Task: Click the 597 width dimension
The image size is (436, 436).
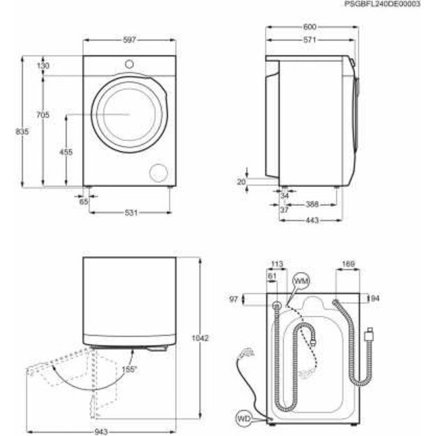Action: (x=128, y=40)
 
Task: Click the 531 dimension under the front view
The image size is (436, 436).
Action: (x=130, y=212)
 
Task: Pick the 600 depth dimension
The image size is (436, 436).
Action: (x=309, y=27)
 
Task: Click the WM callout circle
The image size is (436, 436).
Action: (x=300, y=280)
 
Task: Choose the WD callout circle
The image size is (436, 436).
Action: (x=243, y=400)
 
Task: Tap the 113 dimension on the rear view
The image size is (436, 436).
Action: (x=276, y=264)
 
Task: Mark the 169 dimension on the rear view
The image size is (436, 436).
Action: (x=349, y=264)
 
